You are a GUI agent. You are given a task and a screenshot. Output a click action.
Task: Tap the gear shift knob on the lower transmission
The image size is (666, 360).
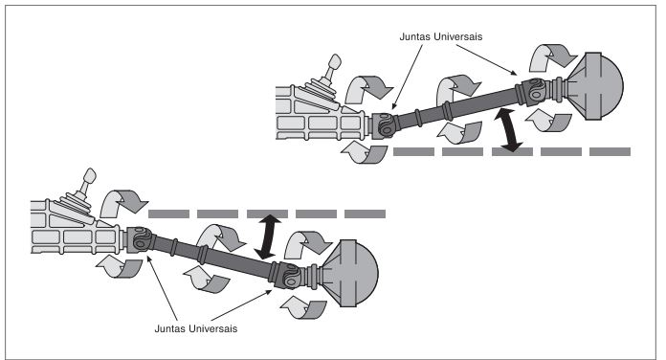(89, 177)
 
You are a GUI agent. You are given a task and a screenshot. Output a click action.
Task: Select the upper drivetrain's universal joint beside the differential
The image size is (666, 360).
(537, 94)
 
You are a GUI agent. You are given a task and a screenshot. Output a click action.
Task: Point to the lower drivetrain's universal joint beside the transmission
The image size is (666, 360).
(140, 239)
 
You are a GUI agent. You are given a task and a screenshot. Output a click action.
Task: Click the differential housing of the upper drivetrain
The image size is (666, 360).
(595, 83)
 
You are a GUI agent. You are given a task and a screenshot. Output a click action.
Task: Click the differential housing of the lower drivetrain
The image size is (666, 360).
(349, 271)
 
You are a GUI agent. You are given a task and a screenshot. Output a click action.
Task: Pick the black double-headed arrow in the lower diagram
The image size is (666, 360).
(271, 236)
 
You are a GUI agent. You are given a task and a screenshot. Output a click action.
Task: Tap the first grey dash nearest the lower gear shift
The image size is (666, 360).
(166, 213)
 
